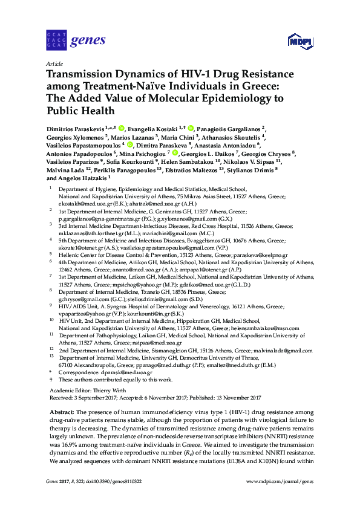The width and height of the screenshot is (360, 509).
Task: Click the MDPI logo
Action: (300, 41)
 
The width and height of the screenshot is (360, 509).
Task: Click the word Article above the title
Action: (54, 63)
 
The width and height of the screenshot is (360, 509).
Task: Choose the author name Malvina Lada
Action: (65, 170)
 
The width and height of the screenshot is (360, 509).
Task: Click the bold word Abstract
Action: (60, 410)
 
